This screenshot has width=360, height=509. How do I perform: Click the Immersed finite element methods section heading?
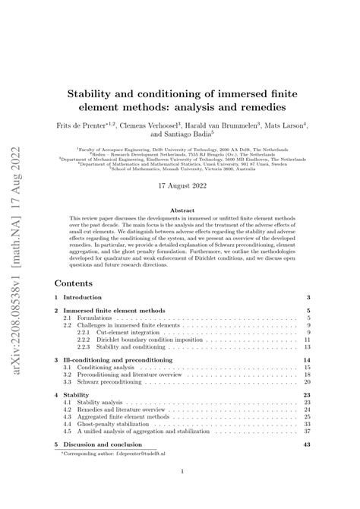125,290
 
